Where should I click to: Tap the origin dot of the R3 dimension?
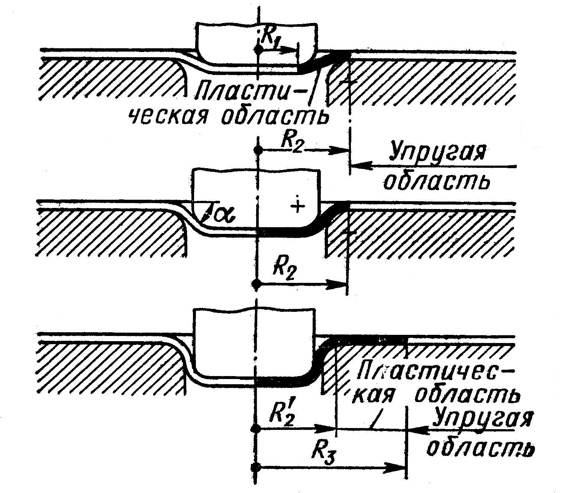pos(255,467)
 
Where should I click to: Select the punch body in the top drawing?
pos(257,43)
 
